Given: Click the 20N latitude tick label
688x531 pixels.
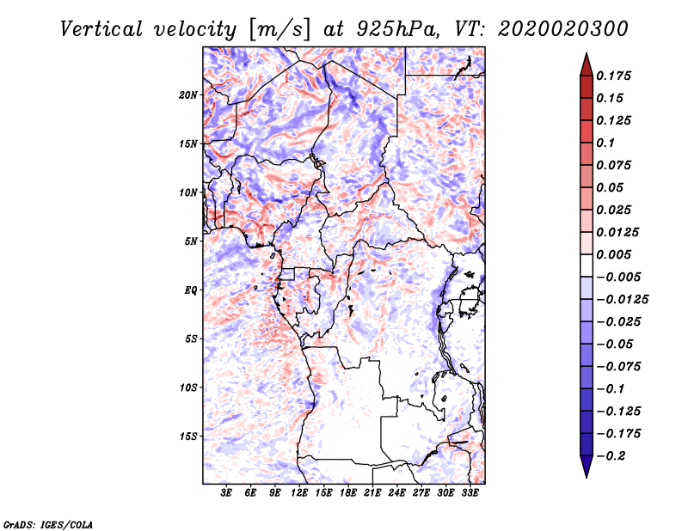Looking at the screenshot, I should [188, 95].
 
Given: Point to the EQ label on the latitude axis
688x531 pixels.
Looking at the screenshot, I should [190, 290].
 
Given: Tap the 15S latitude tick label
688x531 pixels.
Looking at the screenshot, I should [188, 436].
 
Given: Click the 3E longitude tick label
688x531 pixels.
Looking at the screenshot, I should [227, 494].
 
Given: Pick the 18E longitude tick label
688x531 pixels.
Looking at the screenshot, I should [348, 494].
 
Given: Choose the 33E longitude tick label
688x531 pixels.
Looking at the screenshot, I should [470, 494].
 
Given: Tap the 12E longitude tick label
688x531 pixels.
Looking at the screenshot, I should [300, 494].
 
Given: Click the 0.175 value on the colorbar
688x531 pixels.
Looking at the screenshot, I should [616, 76].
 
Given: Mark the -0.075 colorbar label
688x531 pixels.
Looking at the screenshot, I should [619, 366].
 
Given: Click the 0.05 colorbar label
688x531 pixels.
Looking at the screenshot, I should [611, 187].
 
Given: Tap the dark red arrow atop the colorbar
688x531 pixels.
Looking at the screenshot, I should [586, 64].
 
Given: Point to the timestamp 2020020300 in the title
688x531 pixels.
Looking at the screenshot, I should [550, 28].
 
